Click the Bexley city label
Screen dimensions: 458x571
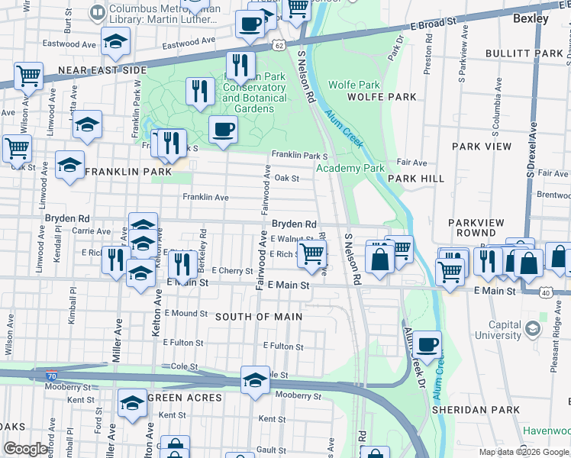531,18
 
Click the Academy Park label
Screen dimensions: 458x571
350,168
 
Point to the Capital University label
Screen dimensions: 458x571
498,329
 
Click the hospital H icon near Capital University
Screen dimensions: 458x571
533,330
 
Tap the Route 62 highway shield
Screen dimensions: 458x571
280,46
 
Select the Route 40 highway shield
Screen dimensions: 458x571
545,292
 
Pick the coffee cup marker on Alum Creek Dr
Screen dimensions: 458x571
427,344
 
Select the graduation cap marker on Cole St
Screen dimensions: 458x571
255,380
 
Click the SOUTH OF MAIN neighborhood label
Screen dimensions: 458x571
259,317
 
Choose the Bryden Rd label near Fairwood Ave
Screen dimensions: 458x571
294,224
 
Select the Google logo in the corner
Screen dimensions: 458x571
26,449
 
